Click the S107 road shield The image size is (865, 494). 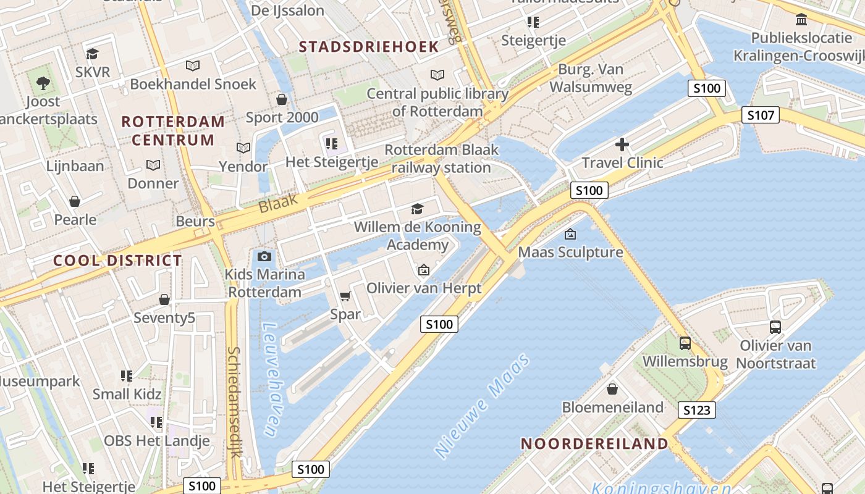761,115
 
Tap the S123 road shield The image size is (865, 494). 697,410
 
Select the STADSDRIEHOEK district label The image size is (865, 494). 369,46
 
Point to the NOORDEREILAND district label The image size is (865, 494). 594,443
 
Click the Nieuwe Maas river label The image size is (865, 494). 483,406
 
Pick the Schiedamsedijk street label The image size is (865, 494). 234,401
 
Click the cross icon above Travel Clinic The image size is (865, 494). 622,145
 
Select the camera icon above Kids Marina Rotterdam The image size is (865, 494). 264,256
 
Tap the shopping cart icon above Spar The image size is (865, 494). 345,296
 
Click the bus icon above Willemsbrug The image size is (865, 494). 685,343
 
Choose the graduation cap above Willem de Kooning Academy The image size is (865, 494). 418,209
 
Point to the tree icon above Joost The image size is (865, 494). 43,83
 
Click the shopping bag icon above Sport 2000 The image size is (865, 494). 282,99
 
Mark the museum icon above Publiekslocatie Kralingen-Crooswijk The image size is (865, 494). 801,20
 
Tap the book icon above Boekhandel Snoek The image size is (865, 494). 193,65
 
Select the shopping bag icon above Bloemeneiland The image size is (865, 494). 612,389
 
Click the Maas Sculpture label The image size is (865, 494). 570,252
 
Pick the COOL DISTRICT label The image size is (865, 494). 117,261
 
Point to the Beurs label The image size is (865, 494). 195,221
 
